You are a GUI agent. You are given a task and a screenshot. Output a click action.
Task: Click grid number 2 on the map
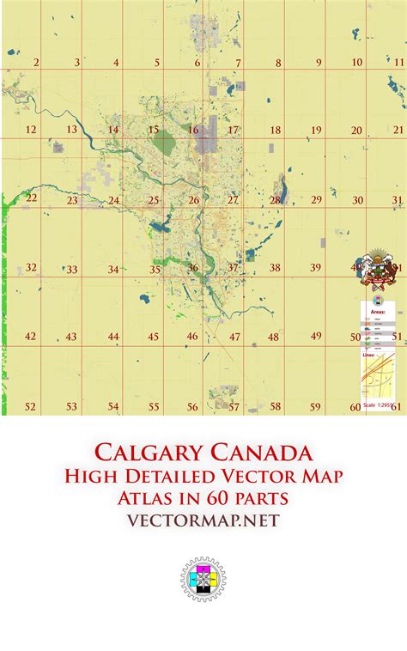tap(35, 62)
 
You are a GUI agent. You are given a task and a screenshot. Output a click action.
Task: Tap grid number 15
tap(153, 131)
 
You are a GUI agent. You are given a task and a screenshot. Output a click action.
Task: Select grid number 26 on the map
tap(194, 200)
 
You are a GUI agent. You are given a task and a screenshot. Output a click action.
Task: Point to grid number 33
tap(72, 270)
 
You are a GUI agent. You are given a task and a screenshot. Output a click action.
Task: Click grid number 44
tap(113, 338)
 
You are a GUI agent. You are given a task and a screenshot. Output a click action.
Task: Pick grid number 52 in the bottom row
tap(31, 406)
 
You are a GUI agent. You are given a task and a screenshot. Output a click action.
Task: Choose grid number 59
tap(315, 406)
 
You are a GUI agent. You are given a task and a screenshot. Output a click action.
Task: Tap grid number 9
tap(318, 62)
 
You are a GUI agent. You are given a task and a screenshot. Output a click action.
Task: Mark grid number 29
tap(316, 199)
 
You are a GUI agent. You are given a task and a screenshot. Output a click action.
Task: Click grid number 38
tap(275, 268)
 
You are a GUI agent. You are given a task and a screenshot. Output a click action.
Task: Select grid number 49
tap(316, 336)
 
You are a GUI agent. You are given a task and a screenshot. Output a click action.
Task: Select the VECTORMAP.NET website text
tap(203, 520)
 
